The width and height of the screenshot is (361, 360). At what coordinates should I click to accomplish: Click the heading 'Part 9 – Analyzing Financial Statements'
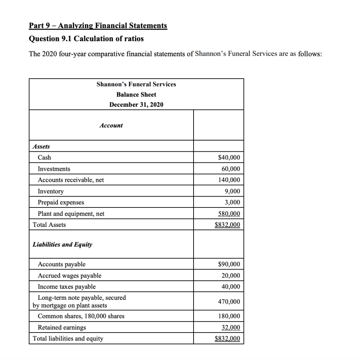pyautogui.click(x=98, y=26)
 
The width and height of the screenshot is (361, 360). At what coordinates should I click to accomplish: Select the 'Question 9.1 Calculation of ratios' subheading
pyautogui.click(x=86, y=39)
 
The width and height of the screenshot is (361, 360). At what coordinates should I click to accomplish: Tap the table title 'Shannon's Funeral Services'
pyautogui.click(x=136, y=84)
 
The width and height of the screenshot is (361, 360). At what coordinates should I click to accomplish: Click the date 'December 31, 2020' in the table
pyautogui.click(x=136, y=105)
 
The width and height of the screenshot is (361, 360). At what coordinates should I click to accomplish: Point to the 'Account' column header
pyautogui.click(x=111, y=125)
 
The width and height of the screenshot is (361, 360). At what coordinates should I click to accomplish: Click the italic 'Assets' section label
pyautogui.click(x=41, y=146)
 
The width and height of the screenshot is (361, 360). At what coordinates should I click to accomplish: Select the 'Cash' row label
pyautogui.click(x=44, y=157)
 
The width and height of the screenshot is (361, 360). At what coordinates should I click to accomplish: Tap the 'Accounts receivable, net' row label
pyautogui.click(x=71, y=180)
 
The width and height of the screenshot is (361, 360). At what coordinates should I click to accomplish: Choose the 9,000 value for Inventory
pyautogui.click(x=232, y=191)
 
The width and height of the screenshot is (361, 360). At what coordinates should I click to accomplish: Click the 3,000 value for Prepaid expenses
pyautogui.click(x=232, y=202)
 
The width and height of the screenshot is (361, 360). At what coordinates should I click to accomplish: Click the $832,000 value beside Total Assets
pyautogui.click(x=227, y=225)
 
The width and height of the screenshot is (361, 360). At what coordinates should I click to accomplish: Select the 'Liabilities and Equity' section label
pyautogui.click(x=62, y=244)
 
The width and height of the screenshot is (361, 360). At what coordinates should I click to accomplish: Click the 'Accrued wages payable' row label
pyautogui.click(x=69, y=275)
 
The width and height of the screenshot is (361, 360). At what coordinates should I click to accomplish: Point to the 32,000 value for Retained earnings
pyautogui.click(x=231, y=328)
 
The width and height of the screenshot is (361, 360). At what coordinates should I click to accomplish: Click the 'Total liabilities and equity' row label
pyautogui.click(x=68, y=339)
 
